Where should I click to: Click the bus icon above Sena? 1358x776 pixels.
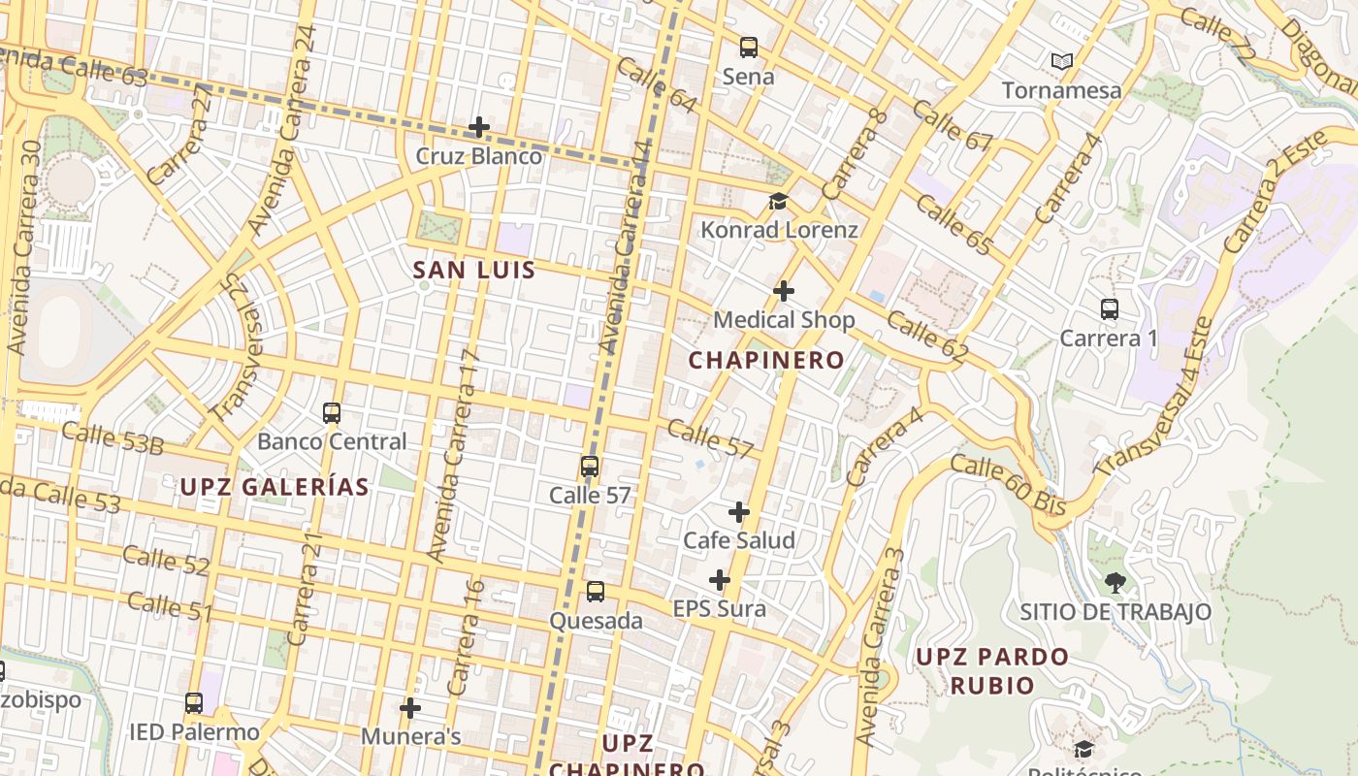[x=748, y=47]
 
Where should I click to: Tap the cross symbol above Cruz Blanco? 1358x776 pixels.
[x=478, y=127]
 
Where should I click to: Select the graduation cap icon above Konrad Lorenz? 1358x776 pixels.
[x=778, y=201]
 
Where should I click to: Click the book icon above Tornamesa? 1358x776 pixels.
[x=1062, y=61]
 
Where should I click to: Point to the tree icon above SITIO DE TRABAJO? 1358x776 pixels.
[x=1115, y=583]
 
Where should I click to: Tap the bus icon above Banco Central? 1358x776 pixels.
[x=332, y=413]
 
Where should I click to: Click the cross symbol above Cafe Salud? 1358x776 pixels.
[x=739, y=511]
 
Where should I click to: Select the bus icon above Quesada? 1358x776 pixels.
[x=596, y=592]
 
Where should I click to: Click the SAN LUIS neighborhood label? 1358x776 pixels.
[x=474, y=271]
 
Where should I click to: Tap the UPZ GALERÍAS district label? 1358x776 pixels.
[x=275, y=487]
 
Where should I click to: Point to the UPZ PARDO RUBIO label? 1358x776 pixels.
[x=991, y=670]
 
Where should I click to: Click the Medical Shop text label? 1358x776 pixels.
[x=784, y=320]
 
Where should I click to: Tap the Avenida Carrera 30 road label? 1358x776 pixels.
[x=24, y=247]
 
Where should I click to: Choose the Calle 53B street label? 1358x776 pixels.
[x=113, y=438]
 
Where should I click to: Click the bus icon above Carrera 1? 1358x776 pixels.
[x=1110, y=309]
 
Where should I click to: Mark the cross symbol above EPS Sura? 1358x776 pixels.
[x=719, y=580]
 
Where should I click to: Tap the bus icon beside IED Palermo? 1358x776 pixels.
[x=194, y=703]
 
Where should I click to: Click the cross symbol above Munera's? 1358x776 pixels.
[x=410, y=708]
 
